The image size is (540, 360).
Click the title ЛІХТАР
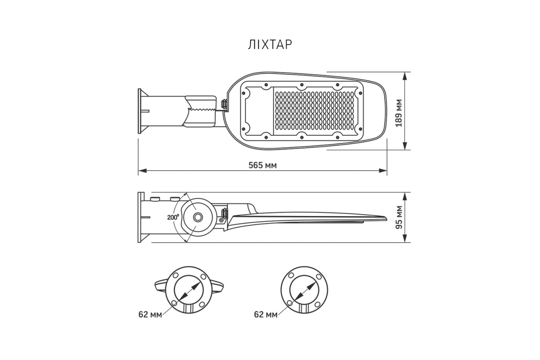270,45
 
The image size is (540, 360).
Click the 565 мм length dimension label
262,166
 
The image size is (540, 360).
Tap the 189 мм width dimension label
399,113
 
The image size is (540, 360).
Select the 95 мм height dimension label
399,217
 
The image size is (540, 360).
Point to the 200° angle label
173,217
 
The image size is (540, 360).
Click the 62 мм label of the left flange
150,315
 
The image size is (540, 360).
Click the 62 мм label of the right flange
265,315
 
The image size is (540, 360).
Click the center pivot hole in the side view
198,217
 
